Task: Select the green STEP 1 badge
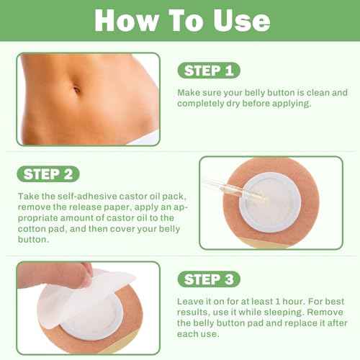pos(209,71)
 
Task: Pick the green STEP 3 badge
pos(209,279)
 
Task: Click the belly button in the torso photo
pos(76,90)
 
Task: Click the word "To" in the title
pos(182,21)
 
